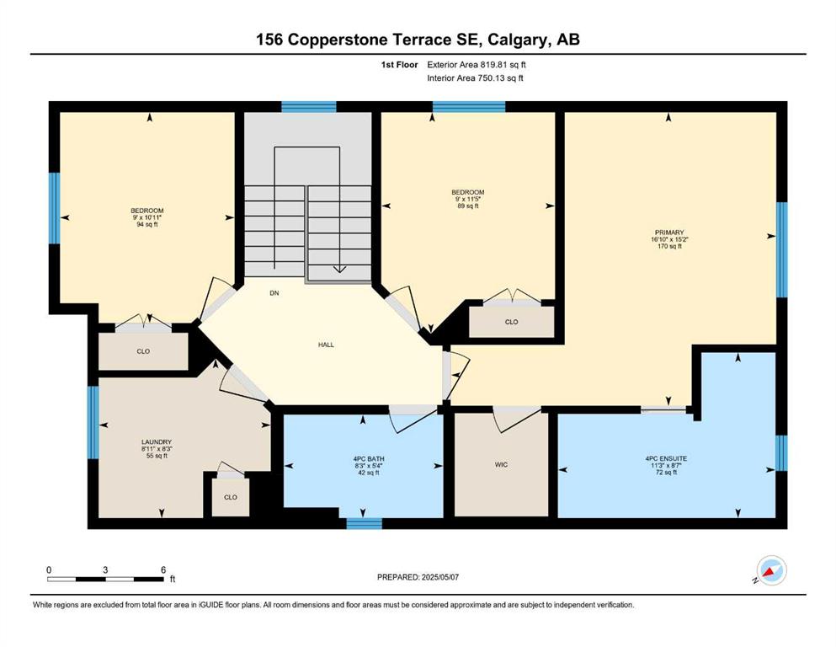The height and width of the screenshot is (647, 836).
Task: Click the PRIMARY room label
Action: point(669,233)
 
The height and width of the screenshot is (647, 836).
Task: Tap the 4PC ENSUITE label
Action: point(666,458)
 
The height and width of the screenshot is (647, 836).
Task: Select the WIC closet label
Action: point(501,465)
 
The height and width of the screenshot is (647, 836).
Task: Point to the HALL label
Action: point(327,345)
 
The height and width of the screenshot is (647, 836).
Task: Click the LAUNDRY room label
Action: point(157,441)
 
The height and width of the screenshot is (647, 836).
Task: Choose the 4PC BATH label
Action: point(369,459)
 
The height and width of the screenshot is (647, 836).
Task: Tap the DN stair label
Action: point(274,293)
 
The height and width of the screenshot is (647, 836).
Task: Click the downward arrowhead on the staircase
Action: point(339,270)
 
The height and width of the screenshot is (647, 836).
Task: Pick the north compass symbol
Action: point(771,570)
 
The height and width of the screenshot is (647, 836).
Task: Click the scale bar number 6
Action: point(163,569)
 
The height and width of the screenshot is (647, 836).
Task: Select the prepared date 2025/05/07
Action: point(439,577)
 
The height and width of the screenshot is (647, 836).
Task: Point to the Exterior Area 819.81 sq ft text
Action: point(477,65)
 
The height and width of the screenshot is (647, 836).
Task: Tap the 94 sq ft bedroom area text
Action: point(147,225)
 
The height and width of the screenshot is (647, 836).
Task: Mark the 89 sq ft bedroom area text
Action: point(467,206)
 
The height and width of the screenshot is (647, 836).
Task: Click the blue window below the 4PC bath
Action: point(365,523)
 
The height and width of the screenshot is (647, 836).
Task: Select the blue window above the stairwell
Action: point(309,107)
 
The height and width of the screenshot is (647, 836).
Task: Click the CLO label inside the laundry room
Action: point(231,497)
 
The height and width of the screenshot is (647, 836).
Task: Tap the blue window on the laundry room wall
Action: point(93,422)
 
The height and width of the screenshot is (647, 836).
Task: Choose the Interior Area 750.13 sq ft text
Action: point(475,78)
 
